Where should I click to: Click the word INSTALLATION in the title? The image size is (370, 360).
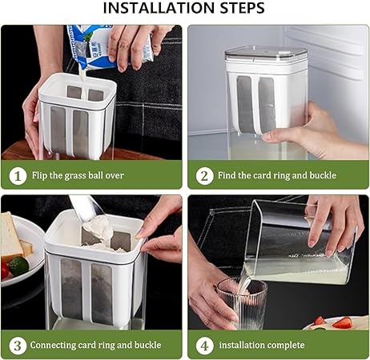(159, 8)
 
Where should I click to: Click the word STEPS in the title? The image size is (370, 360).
(242, 8)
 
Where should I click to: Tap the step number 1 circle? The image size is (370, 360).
(18, 176)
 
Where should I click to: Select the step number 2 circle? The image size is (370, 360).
(204, 176)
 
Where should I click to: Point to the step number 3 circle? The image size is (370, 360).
(18, 346)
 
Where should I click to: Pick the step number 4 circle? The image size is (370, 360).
(204, 346)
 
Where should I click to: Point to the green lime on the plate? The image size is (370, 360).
(18, 266)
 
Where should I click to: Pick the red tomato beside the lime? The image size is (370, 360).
(4, 270)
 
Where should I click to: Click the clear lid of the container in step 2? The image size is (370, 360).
(266, 54)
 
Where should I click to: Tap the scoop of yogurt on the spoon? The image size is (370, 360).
(98, 227)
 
